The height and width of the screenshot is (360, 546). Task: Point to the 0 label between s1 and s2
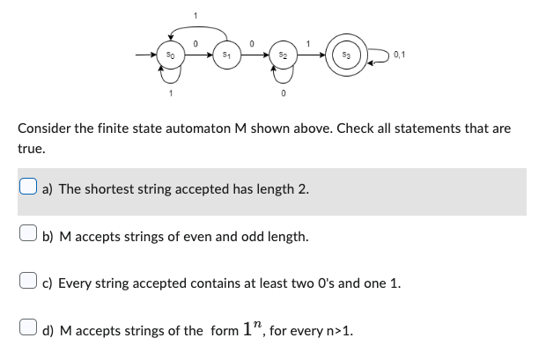[252, 42]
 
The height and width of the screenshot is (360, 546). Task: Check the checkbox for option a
[28, 188]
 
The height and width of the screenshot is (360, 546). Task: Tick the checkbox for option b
[28, 236]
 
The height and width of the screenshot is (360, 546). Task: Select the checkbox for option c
[28, 283]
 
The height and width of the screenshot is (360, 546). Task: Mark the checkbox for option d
[28, 331]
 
